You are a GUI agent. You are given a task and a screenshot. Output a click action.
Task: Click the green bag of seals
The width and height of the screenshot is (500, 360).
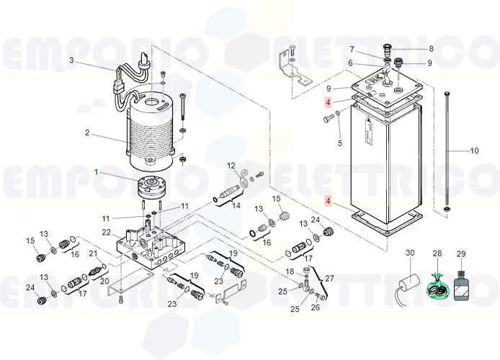[438, 286]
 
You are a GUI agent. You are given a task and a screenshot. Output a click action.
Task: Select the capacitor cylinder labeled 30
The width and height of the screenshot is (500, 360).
[409, 282]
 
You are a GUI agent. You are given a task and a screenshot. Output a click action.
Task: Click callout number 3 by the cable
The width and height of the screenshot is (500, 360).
[71, 60]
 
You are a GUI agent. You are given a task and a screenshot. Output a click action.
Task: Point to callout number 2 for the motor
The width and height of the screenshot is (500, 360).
[87, 132]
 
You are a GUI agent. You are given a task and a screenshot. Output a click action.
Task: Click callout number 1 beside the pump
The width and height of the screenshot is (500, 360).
[96, 172]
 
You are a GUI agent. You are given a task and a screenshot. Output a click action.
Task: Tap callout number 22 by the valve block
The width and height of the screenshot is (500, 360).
[106, 233]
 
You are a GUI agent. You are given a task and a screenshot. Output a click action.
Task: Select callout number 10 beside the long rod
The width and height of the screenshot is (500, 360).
[475, 150]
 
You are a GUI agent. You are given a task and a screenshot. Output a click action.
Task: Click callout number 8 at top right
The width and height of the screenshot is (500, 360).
[431, 49]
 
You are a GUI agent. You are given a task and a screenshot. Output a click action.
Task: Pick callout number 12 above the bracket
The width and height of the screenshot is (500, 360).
[231, 166]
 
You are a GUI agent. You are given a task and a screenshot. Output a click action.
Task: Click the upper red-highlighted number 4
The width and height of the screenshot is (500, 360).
[328, 102]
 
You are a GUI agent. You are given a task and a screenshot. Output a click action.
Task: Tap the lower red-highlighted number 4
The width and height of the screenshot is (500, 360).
[328, 201]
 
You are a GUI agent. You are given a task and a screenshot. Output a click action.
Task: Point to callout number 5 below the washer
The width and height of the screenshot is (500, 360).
[339, 143]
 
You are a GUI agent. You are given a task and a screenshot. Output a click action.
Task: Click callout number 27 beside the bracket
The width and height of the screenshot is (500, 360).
[329, 279]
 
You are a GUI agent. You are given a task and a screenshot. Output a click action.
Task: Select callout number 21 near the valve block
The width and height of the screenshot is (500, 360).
[93, 253]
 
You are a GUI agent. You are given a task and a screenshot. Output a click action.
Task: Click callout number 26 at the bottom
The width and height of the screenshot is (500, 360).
[316, 307]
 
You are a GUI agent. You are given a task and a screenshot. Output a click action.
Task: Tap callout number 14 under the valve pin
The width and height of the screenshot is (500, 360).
[236, 205]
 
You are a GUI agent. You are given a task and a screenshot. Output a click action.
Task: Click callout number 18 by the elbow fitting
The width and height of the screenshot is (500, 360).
[290, 271]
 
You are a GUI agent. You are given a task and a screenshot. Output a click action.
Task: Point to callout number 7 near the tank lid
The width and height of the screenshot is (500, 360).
[352, 49]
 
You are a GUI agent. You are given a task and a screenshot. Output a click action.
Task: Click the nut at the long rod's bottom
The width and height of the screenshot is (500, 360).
[447, 210]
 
